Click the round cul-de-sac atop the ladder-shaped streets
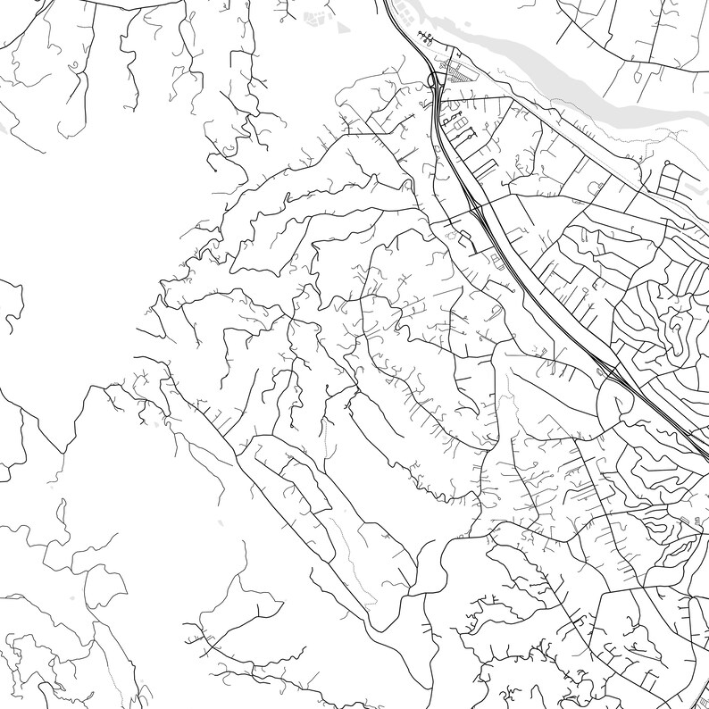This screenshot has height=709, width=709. click(666, 163)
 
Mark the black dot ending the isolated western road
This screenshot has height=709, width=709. click(214, 169)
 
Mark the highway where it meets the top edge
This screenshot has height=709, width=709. click(386, 3)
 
